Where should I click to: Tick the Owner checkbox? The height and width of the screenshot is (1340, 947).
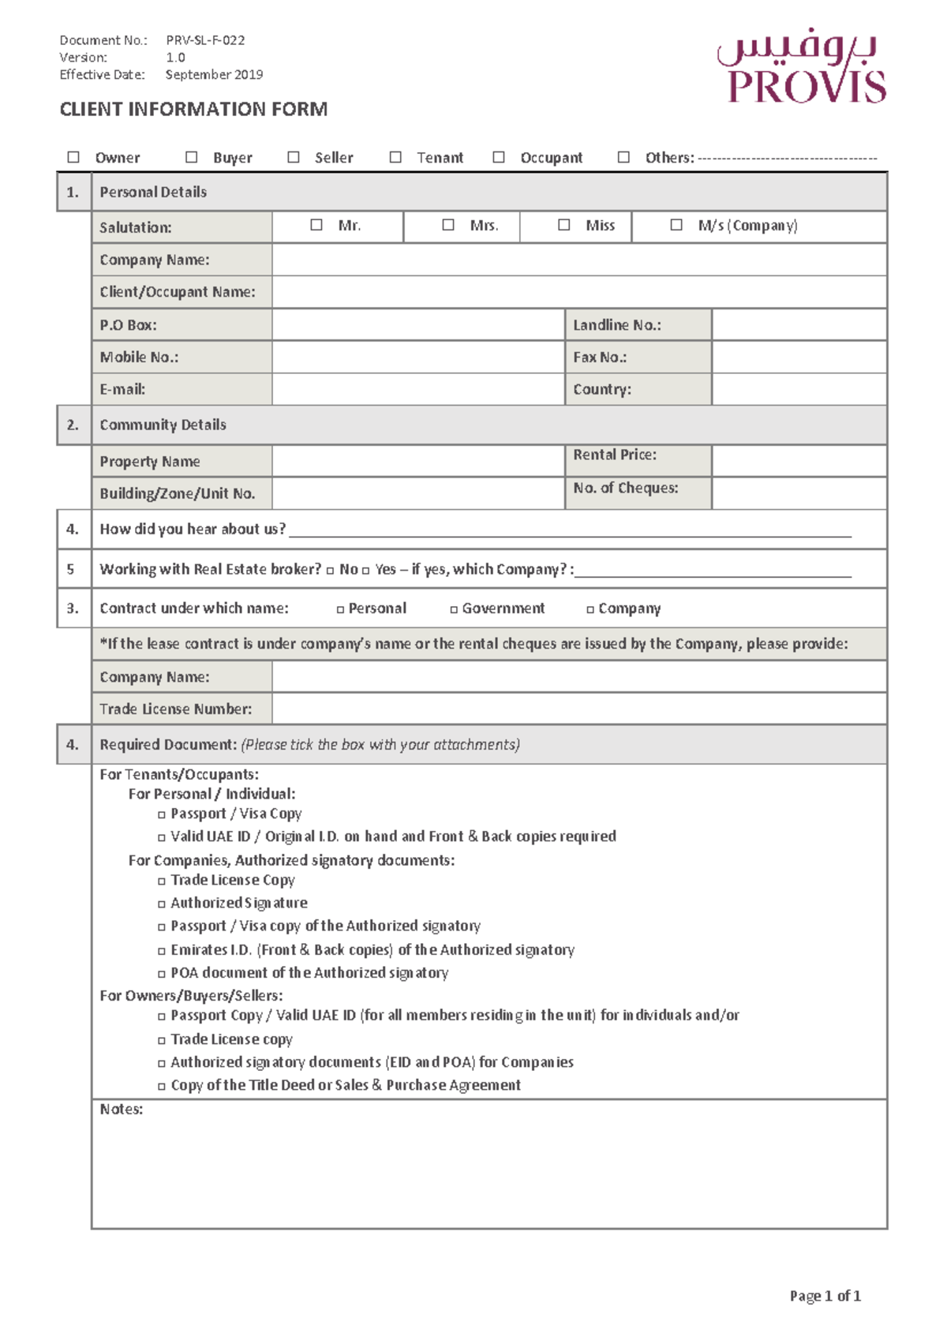coord(73,157)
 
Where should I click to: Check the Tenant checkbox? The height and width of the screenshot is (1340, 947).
coord(395,157)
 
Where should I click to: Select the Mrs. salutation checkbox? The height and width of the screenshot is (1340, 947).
coord(448,225)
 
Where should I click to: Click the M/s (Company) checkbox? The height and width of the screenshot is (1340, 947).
coord(676,225)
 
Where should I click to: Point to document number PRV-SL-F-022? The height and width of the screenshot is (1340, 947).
coord(205,40)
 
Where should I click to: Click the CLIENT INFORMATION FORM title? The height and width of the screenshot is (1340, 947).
coord(193,109)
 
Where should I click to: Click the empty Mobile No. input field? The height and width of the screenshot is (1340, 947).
coord(417,357)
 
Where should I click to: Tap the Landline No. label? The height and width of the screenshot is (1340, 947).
coord(616,324)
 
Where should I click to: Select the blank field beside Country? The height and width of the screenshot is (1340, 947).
coord(799,389)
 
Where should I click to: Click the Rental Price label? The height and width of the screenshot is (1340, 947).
coord(614,455)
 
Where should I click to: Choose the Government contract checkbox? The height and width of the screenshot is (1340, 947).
coord(454,609)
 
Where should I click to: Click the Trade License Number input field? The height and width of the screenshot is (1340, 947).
coord(578,709)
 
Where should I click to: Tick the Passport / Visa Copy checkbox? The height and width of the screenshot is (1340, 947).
coord(162,814)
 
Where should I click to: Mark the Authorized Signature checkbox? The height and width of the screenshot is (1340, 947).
coord(162,904)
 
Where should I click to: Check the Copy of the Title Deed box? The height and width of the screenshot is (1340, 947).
coord(162,1086)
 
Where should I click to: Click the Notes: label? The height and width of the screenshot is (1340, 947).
coord(121,1109)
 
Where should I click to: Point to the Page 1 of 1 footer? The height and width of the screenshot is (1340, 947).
coord(825,1296)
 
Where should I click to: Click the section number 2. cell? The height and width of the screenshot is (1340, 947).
coord(73,425)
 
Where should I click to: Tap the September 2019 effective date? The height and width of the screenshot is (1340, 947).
coord(214,75)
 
